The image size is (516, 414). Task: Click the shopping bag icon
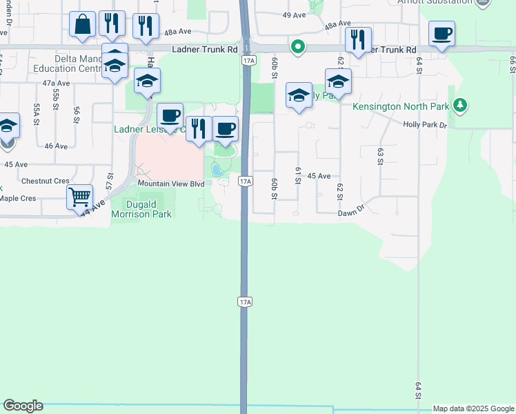click(x=83, y=25)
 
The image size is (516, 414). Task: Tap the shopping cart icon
click(x=79, y=197)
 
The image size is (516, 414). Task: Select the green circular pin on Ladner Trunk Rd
click(x=298, y=47)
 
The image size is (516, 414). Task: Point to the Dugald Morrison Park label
click(x=141, y=208)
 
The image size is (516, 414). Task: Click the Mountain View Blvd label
click(x=171, y=184)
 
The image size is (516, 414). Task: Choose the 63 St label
click(x=379, y=156)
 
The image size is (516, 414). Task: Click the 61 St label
click(x=298, y=175)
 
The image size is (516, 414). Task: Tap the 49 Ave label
click(x=294, y=14)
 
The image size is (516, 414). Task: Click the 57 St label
click(x=109, y=181)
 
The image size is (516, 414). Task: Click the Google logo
click(x=22, y=406)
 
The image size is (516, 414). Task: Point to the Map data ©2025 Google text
click(x=473, y=408)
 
